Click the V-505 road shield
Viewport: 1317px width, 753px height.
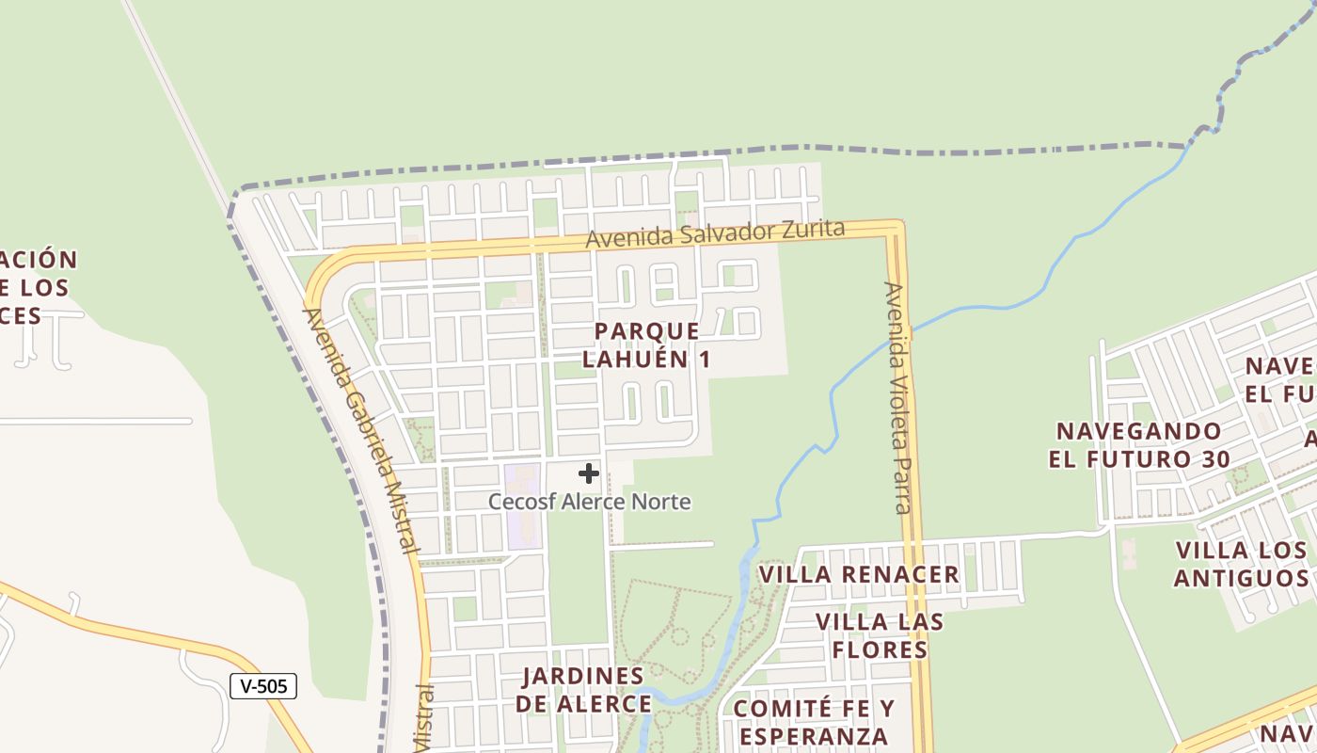(263, 686)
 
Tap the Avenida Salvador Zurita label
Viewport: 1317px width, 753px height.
(715, 233)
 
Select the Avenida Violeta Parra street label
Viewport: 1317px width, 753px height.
(898, 397)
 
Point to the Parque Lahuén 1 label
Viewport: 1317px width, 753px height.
(647, 344)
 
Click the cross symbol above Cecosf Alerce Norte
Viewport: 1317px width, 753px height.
(589, 473)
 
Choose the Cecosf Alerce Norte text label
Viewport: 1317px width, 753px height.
(589, 502)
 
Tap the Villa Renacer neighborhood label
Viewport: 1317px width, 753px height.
(859, 574)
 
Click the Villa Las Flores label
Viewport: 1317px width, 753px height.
(880, 635)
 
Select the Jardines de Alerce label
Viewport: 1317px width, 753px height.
(583, 689)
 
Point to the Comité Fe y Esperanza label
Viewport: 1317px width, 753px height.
(814, 722)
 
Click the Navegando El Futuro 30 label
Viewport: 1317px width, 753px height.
(1138, 445)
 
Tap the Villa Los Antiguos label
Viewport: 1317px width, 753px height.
(1242, 563)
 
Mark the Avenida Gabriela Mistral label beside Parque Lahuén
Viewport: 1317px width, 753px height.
(361, 428)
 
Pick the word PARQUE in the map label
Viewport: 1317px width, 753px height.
(647, 331)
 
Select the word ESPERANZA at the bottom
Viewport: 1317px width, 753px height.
(813, 736)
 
